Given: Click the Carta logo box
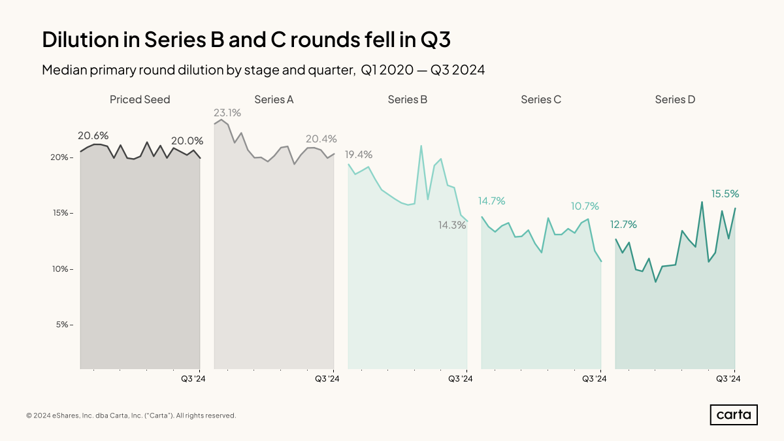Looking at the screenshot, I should click(x=733, y=415).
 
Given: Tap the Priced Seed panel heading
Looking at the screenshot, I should click(x=140, y=100).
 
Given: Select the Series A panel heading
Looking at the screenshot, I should click(x=274, y=100).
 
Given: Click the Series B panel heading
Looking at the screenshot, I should click(x=408, y=100).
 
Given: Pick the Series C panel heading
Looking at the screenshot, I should click(x=541, y=100).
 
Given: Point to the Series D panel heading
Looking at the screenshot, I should click(x=675, y=100).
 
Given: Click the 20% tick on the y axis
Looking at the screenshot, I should click(x=61, y=157).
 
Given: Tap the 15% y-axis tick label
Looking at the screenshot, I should click(x=61, y=214).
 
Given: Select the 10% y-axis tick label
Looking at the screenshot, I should click(x=61, y=269).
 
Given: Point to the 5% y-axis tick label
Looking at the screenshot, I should click(x=63, y=325).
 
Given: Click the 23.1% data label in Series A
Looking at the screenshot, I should click(x=227, y=112).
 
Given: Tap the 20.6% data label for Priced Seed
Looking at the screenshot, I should click(x=93, y=136).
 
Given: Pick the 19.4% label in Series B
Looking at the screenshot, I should click(x=358, y=155).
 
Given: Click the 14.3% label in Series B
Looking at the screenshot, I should click(x=451, y=225).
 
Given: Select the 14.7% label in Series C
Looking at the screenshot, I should click(x=491, y=201).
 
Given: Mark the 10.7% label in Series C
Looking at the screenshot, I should click(x=585, y=206).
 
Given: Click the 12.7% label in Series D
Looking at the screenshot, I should click(x=623, y=225).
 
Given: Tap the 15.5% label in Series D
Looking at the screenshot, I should click(x=725, y=194).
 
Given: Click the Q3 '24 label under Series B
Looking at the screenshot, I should click(x=461, y=378).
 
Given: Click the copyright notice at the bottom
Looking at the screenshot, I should click(x=131, y=416).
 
